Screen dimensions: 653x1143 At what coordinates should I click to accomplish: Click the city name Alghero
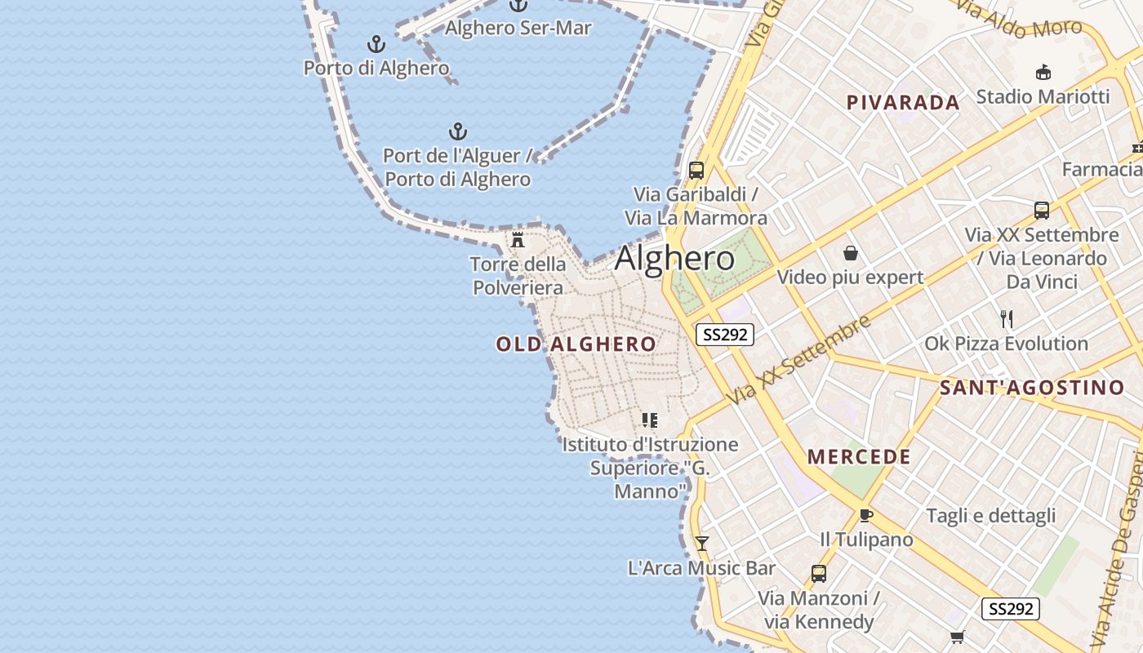pyautogui.click(x=674, y=259)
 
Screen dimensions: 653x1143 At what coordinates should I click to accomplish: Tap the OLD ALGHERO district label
pyautogui.click(x=576, y=344)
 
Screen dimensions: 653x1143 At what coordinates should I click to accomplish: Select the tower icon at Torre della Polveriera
pyautogui.click(x=518, y=239)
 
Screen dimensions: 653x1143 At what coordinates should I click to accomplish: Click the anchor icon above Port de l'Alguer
pyautogui.click(x=458, y=131)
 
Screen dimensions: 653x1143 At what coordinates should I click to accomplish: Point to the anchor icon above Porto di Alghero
pyautogui.click(x=376, y=43)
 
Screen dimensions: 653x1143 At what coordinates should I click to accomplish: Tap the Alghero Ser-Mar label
pyautogui.click(x=518, y=28)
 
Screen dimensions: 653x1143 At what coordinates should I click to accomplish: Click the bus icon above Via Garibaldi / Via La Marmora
pyautogui.click(x=696, y=170)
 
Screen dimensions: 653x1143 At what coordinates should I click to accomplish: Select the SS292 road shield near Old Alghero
pyautogui.click(x=724, y=334)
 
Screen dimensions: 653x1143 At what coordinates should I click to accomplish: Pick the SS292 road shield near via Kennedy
pyautogui.click(x=1010, y=608)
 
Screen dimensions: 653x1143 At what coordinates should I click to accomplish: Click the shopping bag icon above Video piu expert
pyautogui.click(x=851, y=253)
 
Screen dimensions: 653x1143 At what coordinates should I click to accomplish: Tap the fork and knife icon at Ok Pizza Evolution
pyautogui.click(x=1007, y=318)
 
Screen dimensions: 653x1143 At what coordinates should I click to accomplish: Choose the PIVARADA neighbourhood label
pyautogui.click(x=903, y=103)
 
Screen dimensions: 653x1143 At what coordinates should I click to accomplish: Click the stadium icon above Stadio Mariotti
pyautogui.click(x=1043, y=73)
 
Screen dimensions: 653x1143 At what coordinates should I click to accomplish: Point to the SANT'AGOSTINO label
pyautogui.click(x=1032, y=388)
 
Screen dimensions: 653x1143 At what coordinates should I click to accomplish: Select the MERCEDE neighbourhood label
pyautogui.click(x=859, y=457)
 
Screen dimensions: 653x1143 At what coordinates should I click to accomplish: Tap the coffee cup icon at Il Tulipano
pyautogui.click(x=866, y=515)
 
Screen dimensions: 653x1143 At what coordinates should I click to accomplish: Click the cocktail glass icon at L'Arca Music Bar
pyautogui.click(x=701, y=543)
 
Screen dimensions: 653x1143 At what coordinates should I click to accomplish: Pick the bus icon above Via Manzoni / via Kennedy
pyautogui.click(x=819, y=573)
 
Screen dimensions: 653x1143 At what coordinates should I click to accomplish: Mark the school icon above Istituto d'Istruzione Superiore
pyautogui.click(x=650, y=420)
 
